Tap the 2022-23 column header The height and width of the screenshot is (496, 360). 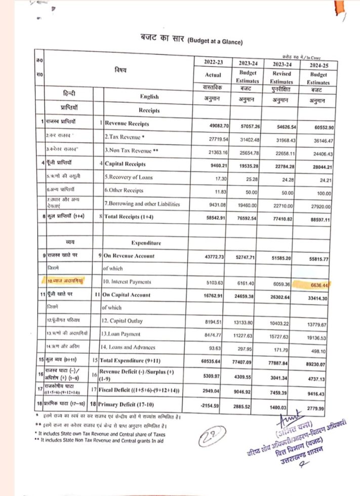click(x=211, y=62)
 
